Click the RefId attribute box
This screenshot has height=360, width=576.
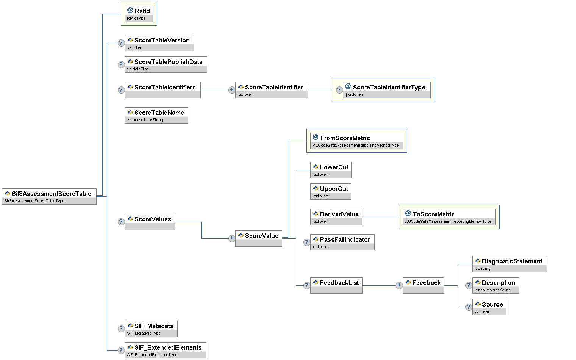[139, 14]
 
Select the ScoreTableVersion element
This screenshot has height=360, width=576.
[159, 43]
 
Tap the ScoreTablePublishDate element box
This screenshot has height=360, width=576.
[165, 64]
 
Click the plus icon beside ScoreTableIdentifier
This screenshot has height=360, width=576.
[232, 90]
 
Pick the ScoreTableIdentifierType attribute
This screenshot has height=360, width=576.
[386, 90]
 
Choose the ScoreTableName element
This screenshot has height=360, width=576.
[156, 115]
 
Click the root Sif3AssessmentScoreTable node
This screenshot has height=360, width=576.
[49, 196]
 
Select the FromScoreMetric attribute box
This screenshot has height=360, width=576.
[356, 141]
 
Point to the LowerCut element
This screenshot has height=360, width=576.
[331, 170]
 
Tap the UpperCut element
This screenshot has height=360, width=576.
[331, 191]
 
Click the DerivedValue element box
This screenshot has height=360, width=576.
[336, 217]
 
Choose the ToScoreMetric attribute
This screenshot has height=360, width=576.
[449, 217]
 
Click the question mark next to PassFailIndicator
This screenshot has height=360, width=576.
[307, 242]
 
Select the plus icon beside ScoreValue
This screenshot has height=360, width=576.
[232, 238]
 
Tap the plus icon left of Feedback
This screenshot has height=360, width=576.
[399, 285]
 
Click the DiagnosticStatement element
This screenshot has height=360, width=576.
[509, 264]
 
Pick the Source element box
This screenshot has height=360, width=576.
[489, 307]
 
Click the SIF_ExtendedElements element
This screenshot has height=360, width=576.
[165, 350]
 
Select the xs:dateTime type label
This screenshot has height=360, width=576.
[138, 69]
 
